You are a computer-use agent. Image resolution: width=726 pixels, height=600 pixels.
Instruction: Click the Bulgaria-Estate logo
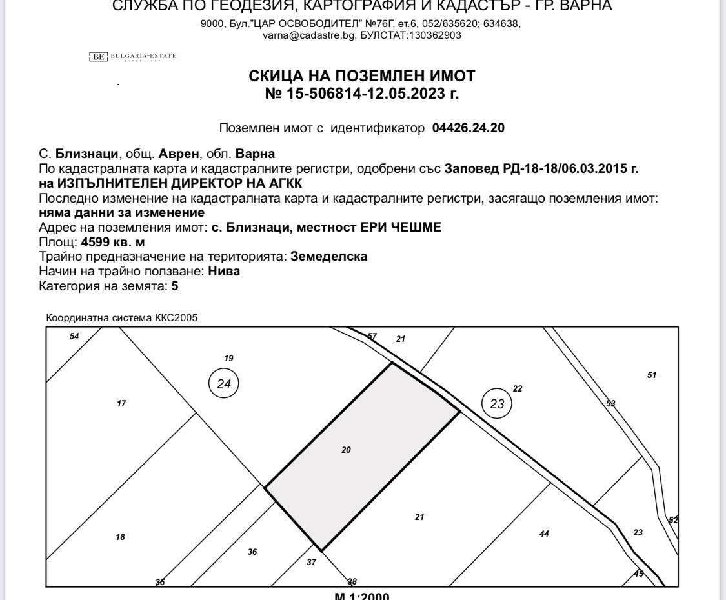coord(132,57)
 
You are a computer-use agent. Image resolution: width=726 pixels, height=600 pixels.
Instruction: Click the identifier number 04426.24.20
coord(468,128)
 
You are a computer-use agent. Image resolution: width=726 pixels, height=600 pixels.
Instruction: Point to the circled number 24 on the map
coord(224,384)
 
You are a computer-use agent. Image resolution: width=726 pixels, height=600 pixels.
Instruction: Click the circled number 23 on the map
coord(497,404)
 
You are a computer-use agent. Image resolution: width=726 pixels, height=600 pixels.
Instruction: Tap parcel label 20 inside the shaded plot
coord(346,450)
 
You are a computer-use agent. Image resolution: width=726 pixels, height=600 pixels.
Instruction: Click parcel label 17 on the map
coord(121,404)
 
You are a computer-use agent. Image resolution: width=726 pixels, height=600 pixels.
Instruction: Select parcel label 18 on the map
coord(120,537)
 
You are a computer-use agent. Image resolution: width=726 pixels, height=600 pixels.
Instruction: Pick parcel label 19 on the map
coord(228,358)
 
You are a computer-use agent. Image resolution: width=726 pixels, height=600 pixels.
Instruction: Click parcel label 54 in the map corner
coord(74,337)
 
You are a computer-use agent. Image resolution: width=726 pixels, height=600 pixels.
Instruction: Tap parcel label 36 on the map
coord(252,552)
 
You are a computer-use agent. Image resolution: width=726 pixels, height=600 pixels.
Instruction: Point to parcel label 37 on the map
coord(312,562)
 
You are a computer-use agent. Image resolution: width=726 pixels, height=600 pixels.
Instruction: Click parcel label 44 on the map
coord(544,534)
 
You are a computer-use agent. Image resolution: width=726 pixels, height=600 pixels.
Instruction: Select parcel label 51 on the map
coord(652,375)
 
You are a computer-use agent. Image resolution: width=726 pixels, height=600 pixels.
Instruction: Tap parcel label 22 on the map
coord(518,388)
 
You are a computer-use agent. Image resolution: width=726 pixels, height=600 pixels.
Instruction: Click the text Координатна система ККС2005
coord(122,318)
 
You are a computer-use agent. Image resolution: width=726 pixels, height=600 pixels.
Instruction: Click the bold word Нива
coord(224,271)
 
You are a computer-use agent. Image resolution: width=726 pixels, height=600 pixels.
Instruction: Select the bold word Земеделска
coord(329,256)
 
